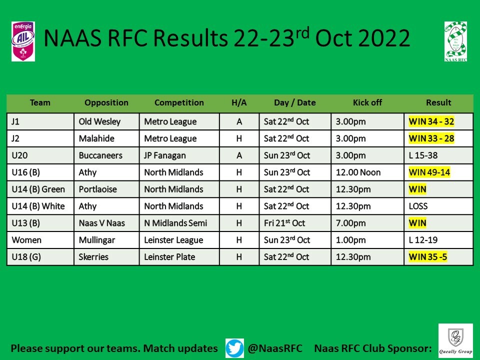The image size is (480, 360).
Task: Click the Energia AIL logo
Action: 23,41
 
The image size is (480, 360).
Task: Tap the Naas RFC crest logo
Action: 455,41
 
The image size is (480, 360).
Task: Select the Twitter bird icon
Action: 234,348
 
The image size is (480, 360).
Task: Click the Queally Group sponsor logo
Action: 455,341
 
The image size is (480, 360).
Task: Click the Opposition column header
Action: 106,102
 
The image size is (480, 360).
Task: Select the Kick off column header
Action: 367,102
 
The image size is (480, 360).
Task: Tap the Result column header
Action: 438,102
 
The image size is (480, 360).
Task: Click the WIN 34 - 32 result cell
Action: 431,121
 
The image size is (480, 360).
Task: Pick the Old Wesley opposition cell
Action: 99,121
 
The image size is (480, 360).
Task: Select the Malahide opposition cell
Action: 96,138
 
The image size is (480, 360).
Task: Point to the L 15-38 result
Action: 423,155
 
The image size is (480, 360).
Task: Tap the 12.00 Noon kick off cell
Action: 358,172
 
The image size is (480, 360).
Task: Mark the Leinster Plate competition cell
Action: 169,257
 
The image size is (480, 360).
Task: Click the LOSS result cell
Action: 418,206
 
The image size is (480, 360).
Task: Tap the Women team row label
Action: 26,240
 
